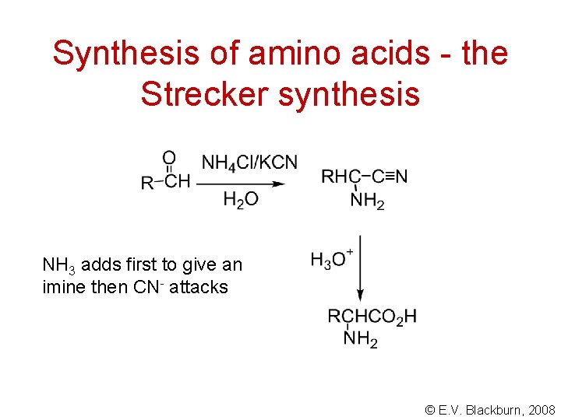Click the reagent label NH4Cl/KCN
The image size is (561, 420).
pos(249,163)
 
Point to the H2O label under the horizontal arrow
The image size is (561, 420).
pos(241,201)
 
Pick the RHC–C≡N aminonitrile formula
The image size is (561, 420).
pos(364,177)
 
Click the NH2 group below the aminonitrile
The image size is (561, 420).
pos(367,201)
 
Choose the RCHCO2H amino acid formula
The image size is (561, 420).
pos(372,317)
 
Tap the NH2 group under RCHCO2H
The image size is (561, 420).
pos(360,340)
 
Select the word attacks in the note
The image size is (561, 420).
pos(199,287)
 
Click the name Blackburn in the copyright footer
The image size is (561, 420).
pos(493,409)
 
